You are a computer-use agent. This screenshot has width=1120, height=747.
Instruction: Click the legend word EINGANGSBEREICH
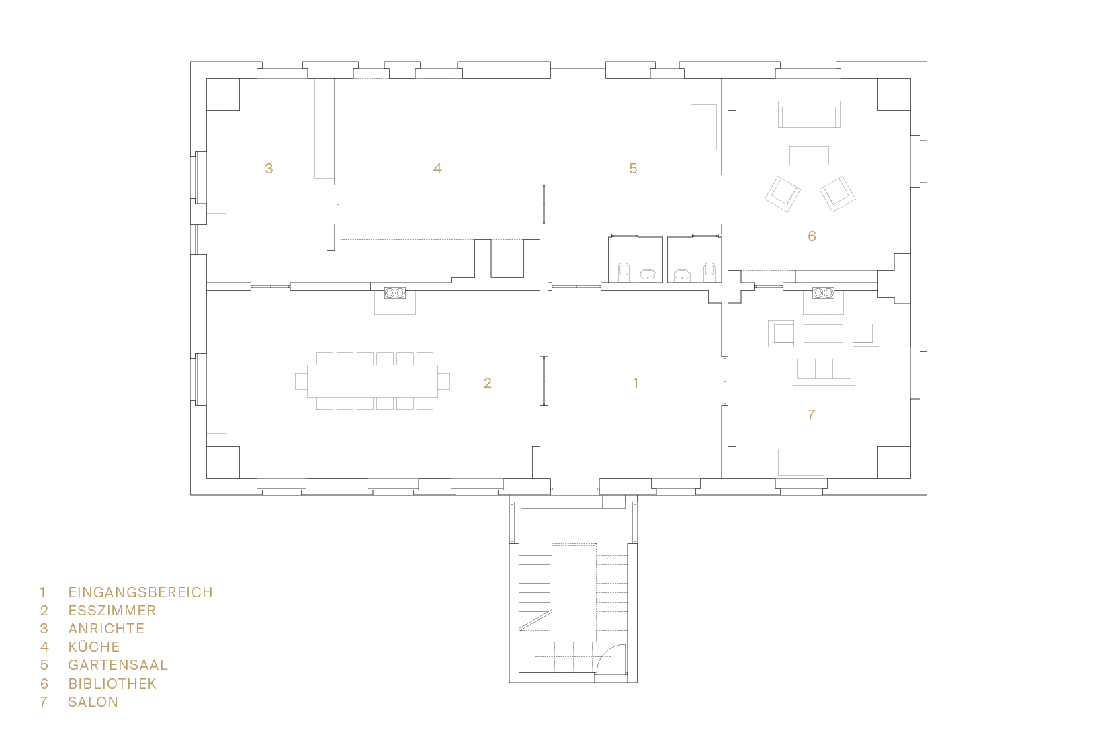(x=140, y=592)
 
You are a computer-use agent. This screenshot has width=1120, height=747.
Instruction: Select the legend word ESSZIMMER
(x=112, y=611)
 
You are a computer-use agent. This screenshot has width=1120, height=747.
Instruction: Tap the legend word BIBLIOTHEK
(x=112, y=683)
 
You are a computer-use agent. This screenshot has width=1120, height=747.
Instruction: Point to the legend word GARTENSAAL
(x=118, y=665)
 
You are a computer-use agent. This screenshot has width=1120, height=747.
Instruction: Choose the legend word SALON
(x=93, y=702)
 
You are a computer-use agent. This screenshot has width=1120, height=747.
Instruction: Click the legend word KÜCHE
(x=94, y=646)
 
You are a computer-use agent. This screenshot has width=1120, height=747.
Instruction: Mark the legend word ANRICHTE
(x=107, y=629)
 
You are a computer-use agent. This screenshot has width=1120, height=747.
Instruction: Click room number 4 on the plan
(x=437, y=169)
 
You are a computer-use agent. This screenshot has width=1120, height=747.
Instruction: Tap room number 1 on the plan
(x=636, y=383)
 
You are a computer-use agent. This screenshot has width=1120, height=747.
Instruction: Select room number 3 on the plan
(x=269, y=169)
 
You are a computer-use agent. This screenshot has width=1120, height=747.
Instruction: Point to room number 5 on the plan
(x=633, y=169)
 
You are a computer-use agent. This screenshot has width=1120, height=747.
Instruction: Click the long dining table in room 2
(x=372, y=381)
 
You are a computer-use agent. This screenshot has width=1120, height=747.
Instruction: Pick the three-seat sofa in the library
(x=809, y=114)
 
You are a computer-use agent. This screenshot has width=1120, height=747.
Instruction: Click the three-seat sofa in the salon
(x=824, y=372)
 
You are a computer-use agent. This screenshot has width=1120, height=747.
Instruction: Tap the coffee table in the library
(x=809, y=156)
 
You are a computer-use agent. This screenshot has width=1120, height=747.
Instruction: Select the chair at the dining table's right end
(x=444, y=381)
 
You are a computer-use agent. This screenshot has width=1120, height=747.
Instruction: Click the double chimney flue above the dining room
(x=395, y=293)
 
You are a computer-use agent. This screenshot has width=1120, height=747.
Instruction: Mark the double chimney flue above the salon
(x=824, y=293)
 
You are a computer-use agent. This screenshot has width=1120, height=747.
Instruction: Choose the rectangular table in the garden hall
(x=704, y=127)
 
